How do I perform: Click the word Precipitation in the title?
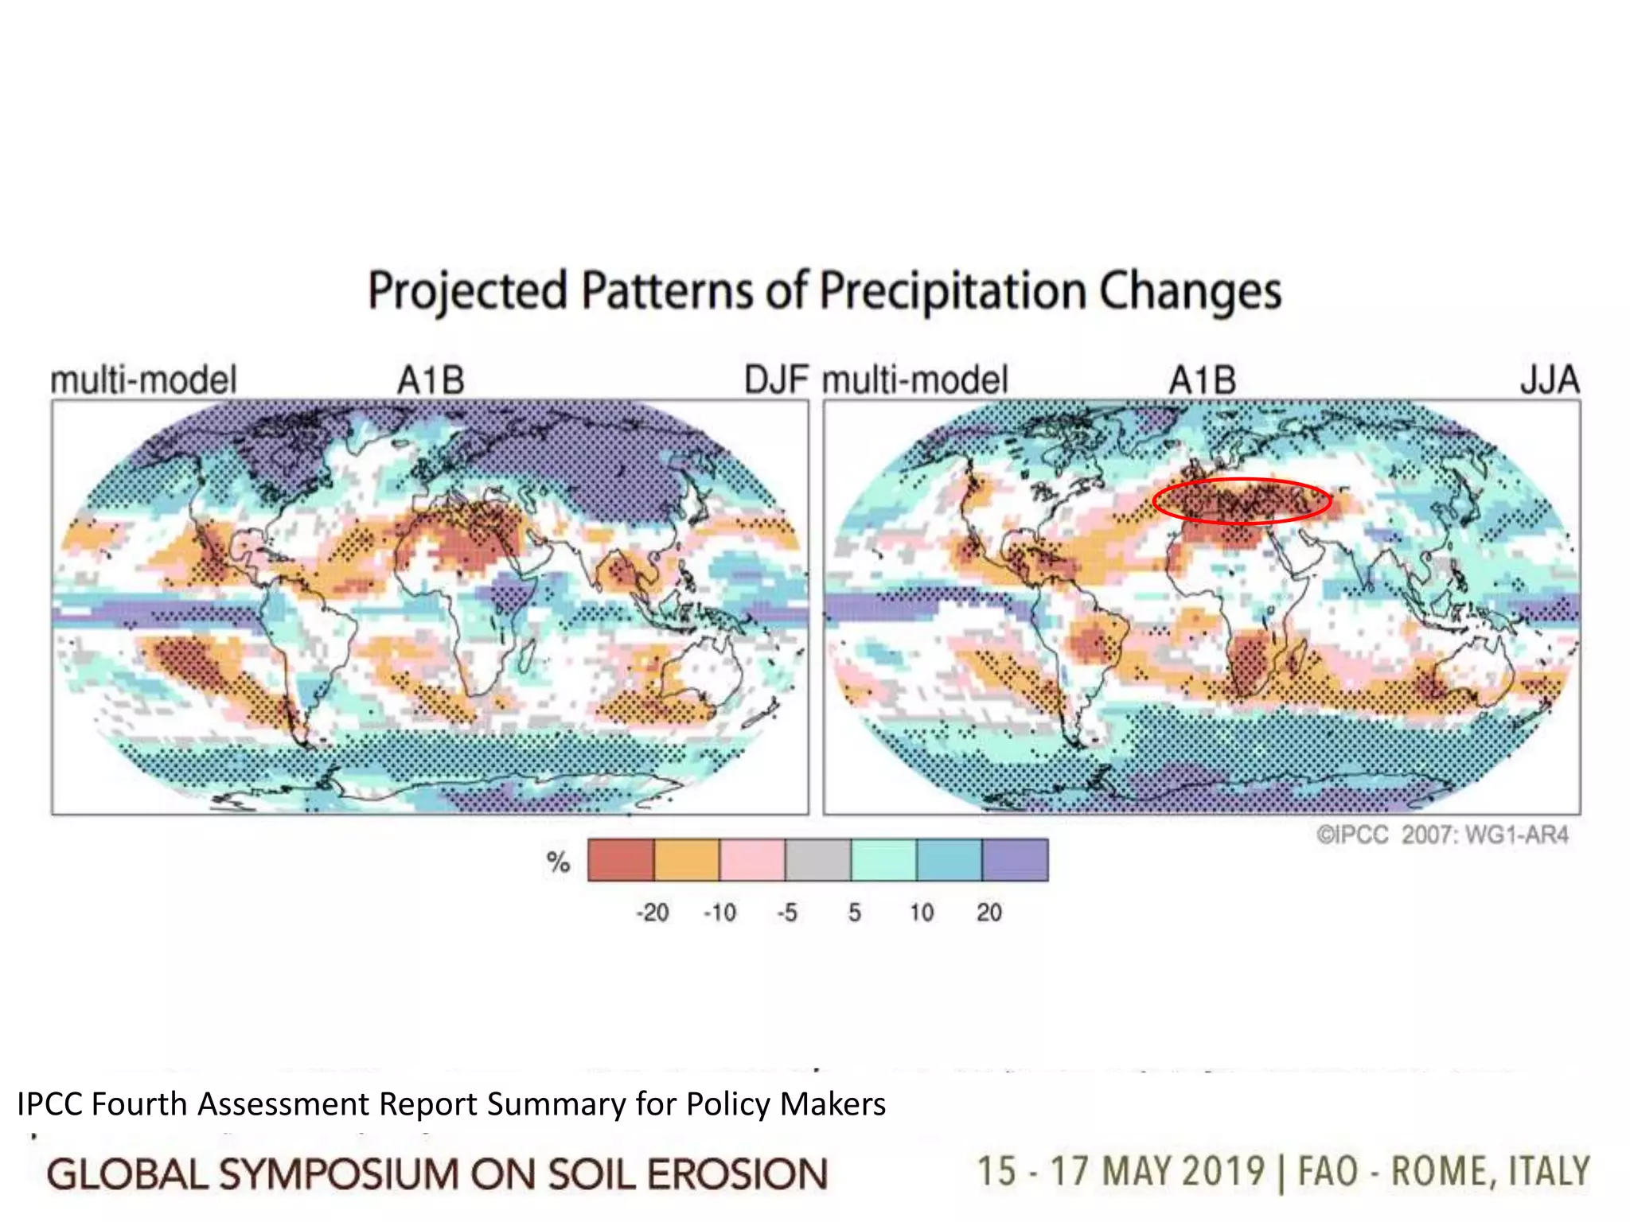[x=952, y=291]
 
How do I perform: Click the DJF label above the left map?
[x=776, y=380]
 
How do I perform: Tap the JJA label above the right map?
[x=1550, y=380]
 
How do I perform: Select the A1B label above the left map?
[x=431, y=380]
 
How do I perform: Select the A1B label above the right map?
[x=1202, y=380]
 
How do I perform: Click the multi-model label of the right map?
[x=914, y=380]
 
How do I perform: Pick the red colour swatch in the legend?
[x=621, y=860]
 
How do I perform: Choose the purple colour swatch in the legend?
[x=1015, y=860]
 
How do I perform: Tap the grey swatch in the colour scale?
[x=818, y=860]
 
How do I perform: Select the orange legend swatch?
[x=686, y=860]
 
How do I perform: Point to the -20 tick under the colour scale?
[x=652, y=913]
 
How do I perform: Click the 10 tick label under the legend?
[x=922, y=913]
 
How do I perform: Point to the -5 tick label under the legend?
[x=786, y=913]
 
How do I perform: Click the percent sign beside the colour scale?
[x=559, y=862]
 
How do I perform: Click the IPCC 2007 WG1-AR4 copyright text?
[x=1442, y=835]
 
